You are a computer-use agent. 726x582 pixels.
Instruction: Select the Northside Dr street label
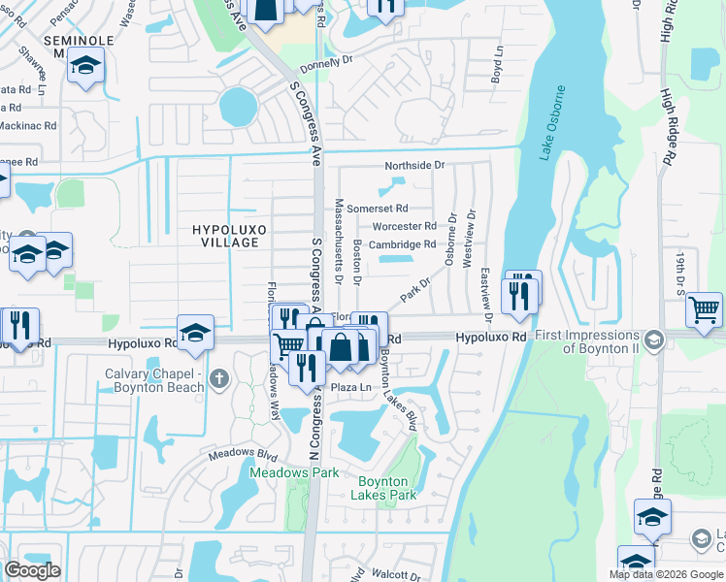point(413,166)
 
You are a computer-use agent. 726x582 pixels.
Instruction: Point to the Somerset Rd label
point(378,209)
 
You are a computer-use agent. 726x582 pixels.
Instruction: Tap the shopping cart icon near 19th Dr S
point(704,310)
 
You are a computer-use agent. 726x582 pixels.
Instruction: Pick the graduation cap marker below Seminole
point(85,65)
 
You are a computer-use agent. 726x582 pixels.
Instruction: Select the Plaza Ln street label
point(351,388)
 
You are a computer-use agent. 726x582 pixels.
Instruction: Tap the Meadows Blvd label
point(242,455)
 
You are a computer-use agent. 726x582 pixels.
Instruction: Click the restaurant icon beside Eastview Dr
point(522,293)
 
